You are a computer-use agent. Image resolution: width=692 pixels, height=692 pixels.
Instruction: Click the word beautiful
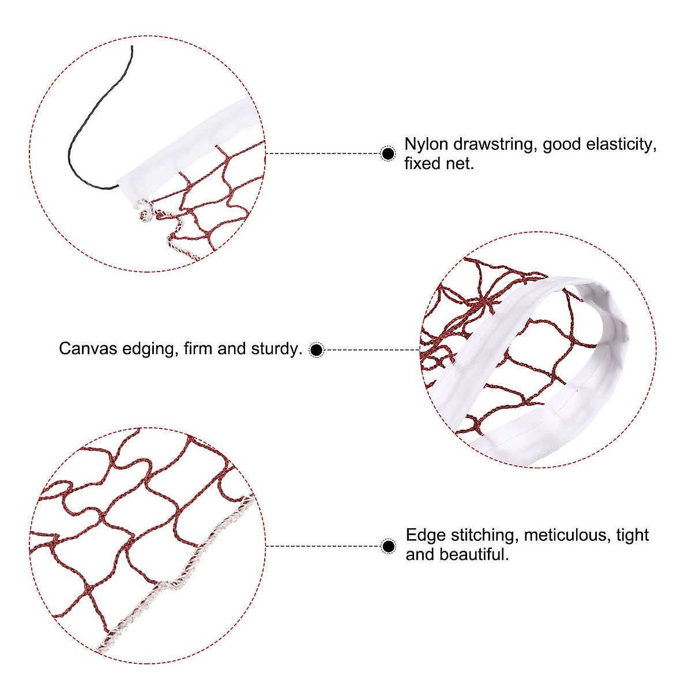pos(474,555)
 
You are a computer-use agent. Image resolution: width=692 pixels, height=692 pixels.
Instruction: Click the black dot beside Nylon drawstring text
pos(389,154)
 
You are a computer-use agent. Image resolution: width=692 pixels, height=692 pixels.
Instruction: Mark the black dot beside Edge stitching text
pos(389,546)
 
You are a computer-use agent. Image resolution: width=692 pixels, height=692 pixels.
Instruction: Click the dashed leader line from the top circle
pos(323,154)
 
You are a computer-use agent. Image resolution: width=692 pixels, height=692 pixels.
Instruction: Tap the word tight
pos(633,535)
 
